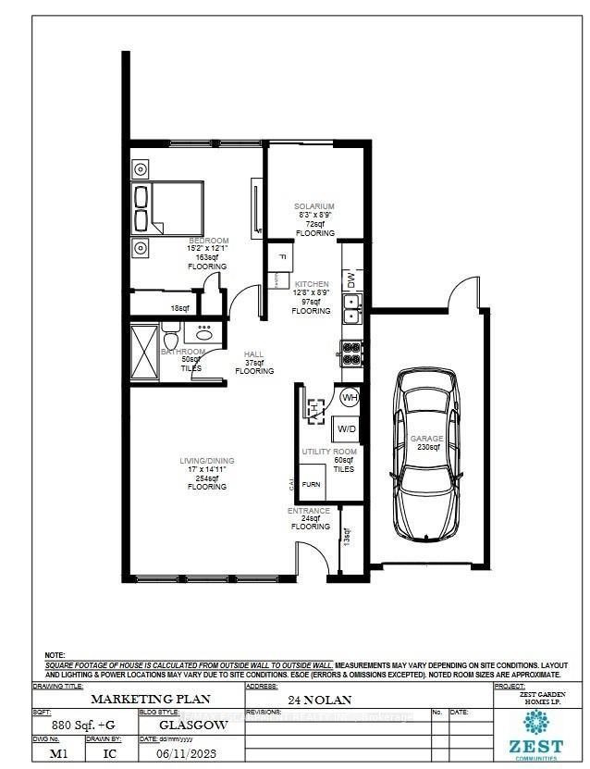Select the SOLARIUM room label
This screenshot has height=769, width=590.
(x=313, y=206)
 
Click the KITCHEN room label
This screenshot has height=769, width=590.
(x=312, y=284)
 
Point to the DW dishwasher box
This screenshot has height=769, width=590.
(x=350, y=278)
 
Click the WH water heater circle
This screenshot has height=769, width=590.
(x=350, y=398)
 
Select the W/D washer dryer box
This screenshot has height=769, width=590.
(x=346, y=429)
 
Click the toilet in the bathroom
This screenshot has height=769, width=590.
(x=169, y=330)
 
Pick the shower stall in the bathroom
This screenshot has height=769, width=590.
(x=143, y=351)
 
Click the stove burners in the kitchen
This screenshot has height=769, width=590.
(x=350, y=352)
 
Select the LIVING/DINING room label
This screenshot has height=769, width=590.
(x=207, y=461)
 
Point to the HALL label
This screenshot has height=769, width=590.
(x=254, y=354)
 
